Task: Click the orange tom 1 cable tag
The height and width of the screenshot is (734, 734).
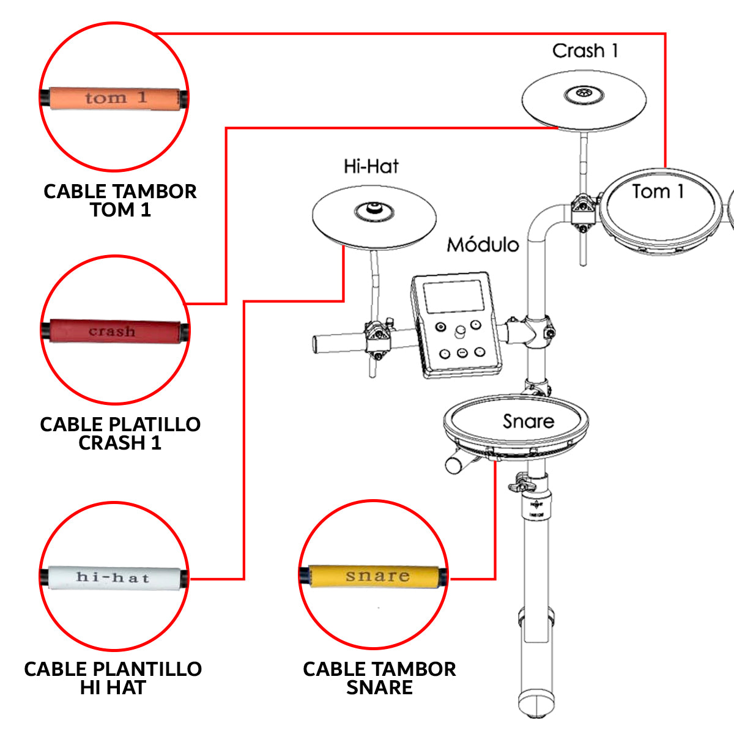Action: [x=115, y=98]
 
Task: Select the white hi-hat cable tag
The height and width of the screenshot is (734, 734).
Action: [x=114, y=577]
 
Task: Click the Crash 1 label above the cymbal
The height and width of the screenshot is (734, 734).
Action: [x=585, y=51]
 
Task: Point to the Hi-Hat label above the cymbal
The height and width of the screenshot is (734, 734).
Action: [x=371, y=166]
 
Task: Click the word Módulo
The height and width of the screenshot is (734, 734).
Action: [x=483, y=245]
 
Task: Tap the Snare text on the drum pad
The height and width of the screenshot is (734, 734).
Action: [x=528, y=421]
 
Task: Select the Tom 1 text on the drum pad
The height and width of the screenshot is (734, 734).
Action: [x=658, y=192]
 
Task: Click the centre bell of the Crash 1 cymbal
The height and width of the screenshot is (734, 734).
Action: [x=584, y=94]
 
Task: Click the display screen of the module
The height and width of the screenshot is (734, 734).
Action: [x=453, y=297]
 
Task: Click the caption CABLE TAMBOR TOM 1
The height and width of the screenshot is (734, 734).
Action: [x=120, y=201]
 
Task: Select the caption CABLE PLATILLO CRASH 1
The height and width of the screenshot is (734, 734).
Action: [x=120, y=433]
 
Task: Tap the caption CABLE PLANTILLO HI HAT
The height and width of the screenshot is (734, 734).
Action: [x=113, y=678]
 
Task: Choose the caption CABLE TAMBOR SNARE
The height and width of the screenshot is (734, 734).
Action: [x=379, y=678]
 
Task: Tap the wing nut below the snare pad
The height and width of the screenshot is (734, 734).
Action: [x=520, y=483]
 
